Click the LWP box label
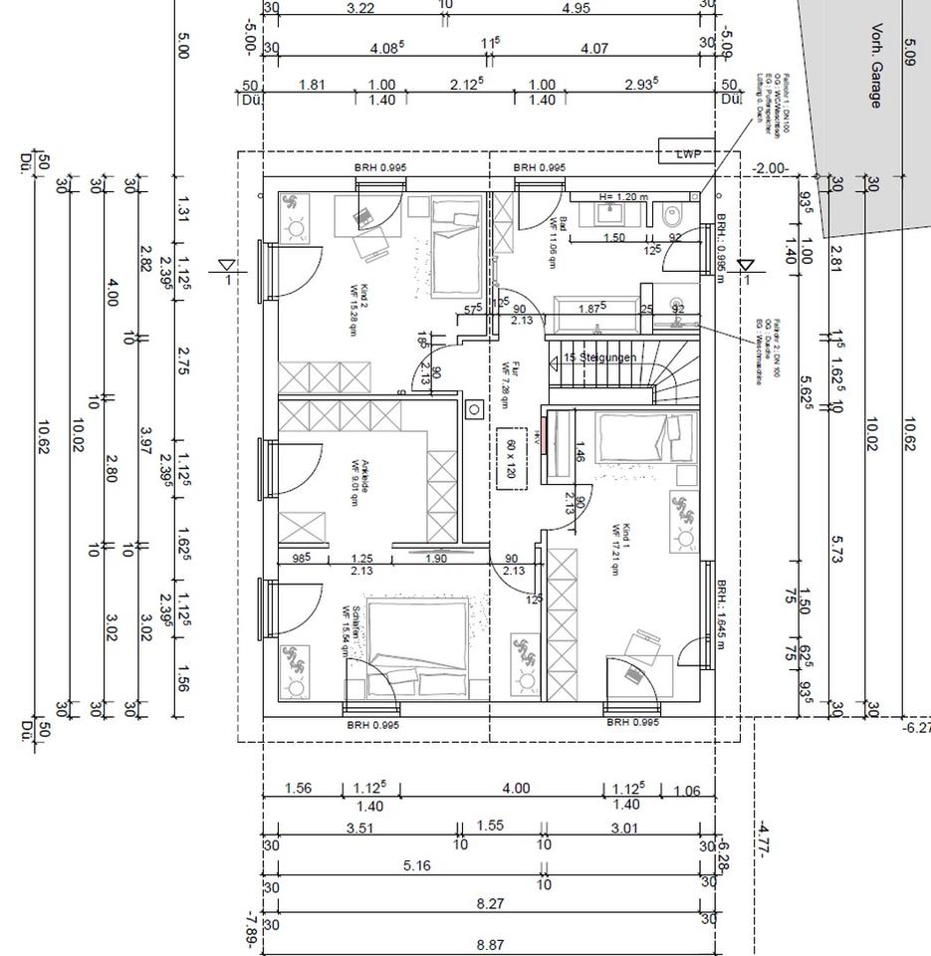click(x=688, y=153)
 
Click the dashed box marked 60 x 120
click(x=512, y=458)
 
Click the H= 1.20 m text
click(x=623, y=197)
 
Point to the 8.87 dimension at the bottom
click(x=489, y=944)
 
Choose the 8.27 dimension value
click(x=489, y=904)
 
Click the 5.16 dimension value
click(x=417, y=865)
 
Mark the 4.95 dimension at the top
click(x=576, y=8)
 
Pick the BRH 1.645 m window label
click(x=721, y=611)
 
